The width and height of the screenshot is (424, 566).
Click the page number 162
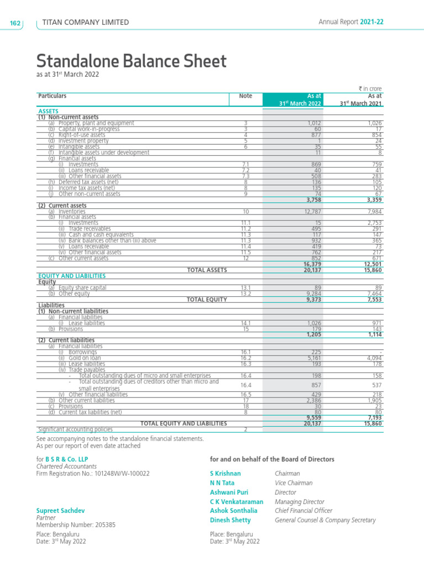pyautogui.click(x=14, y=23)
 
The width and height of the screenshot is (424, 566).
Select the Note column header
pyautogui.click(x=245, y=96)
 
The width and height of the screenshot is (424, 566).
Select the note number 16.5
pyautogui.click(x=245, y=395)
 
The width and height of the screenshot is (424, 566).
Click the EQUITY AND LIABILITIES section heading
pyautogui.click(x=72, y=276)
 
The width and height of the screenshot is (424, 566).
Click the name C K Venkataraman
pyautogui.click(x=236, y=501)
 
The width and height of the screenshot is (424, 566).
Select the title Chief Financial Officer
pyautogui.click(x=304, y=511)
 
